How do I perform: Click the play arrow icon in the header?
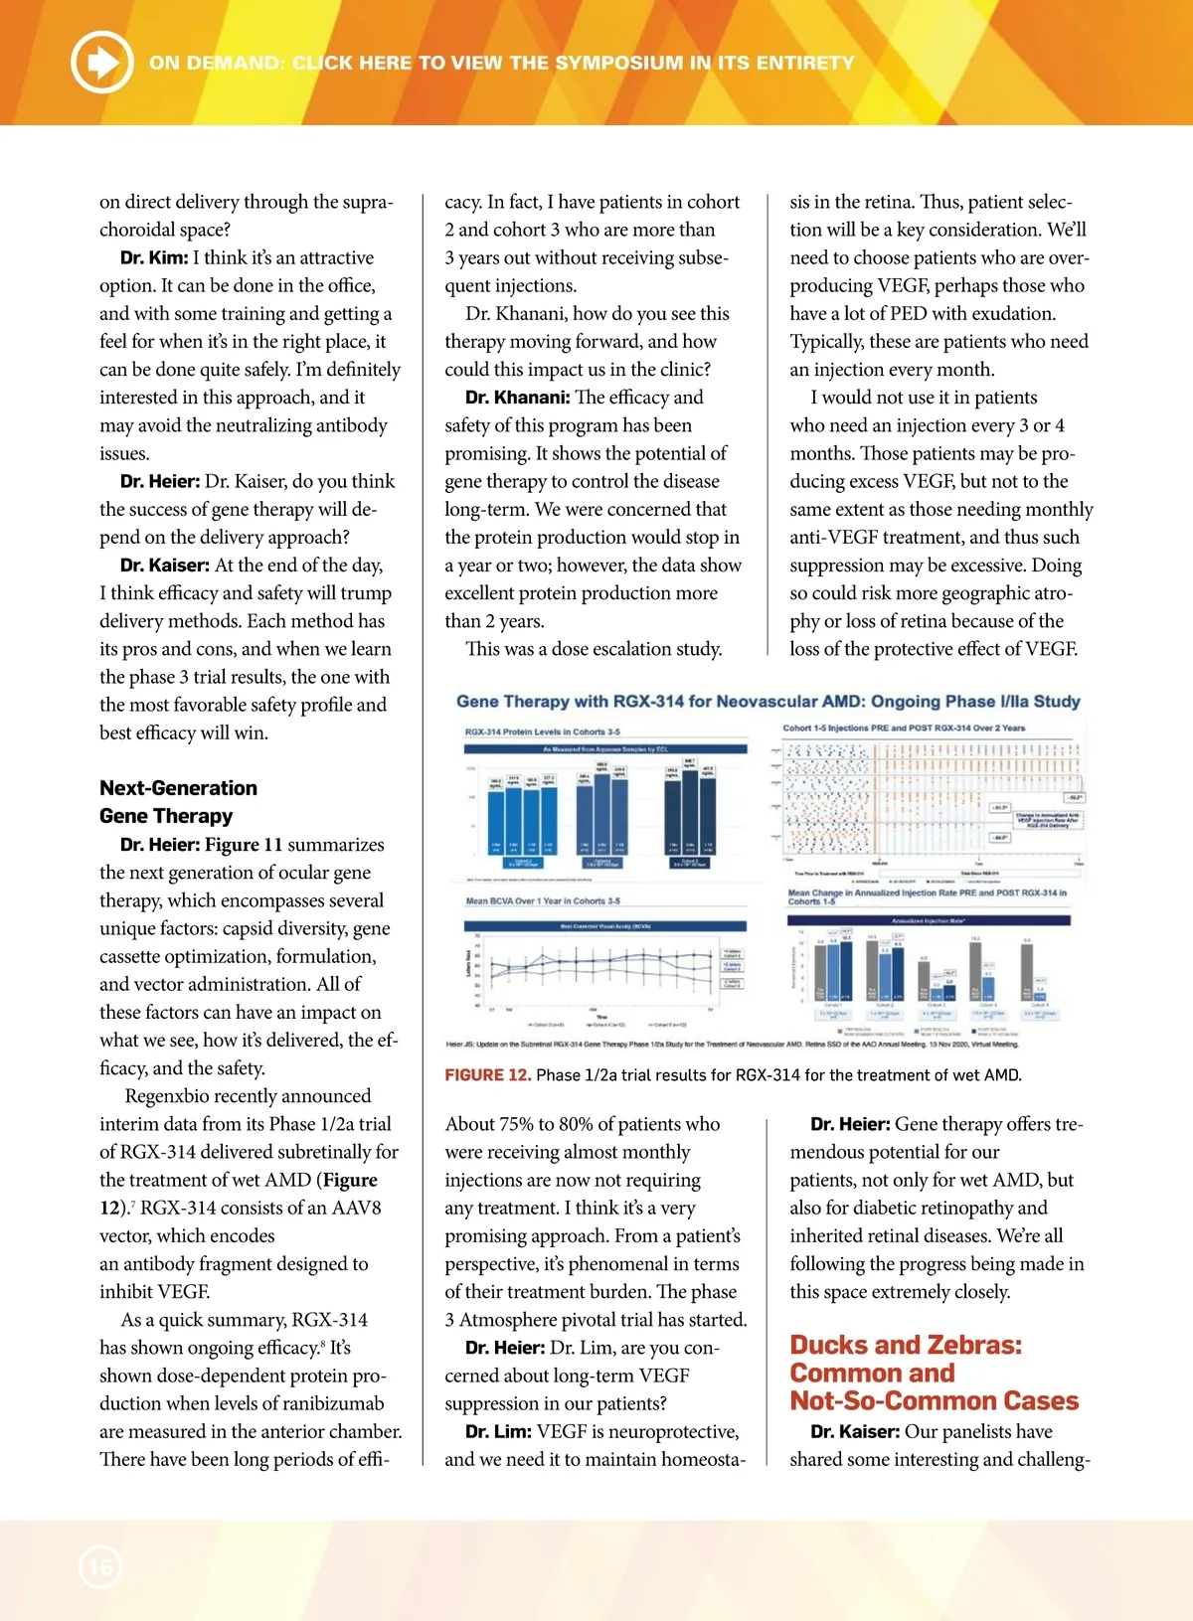coord(101,62)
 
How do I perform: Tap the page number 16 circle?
coord(99,1567)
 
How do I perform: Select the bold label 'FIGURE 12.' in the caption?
coord(487,1075)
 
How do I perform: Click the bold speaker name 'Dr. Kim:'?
coord(154,258)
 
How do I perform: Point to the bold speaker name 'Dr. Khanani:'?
coord(517,398)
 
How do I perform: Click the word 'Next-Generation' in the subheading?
coord(178,788)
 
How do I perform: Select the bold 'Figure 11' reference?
coord(244,845)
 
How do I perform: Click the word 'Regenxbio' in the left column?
coord(167,1096)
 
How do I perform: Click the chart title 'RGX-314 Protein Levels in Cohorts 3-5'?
coord(542,732)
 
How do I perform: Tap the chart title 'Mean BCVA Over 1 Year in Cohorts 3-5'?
coord(543,901)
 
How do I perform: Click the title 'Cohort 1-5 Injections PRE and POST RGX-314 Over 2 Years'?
coord(904,729)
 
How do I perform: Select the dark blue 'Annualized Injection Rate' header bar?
coord(929,921)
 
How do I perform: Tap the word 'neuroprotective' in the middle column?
coord(669,1432)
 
